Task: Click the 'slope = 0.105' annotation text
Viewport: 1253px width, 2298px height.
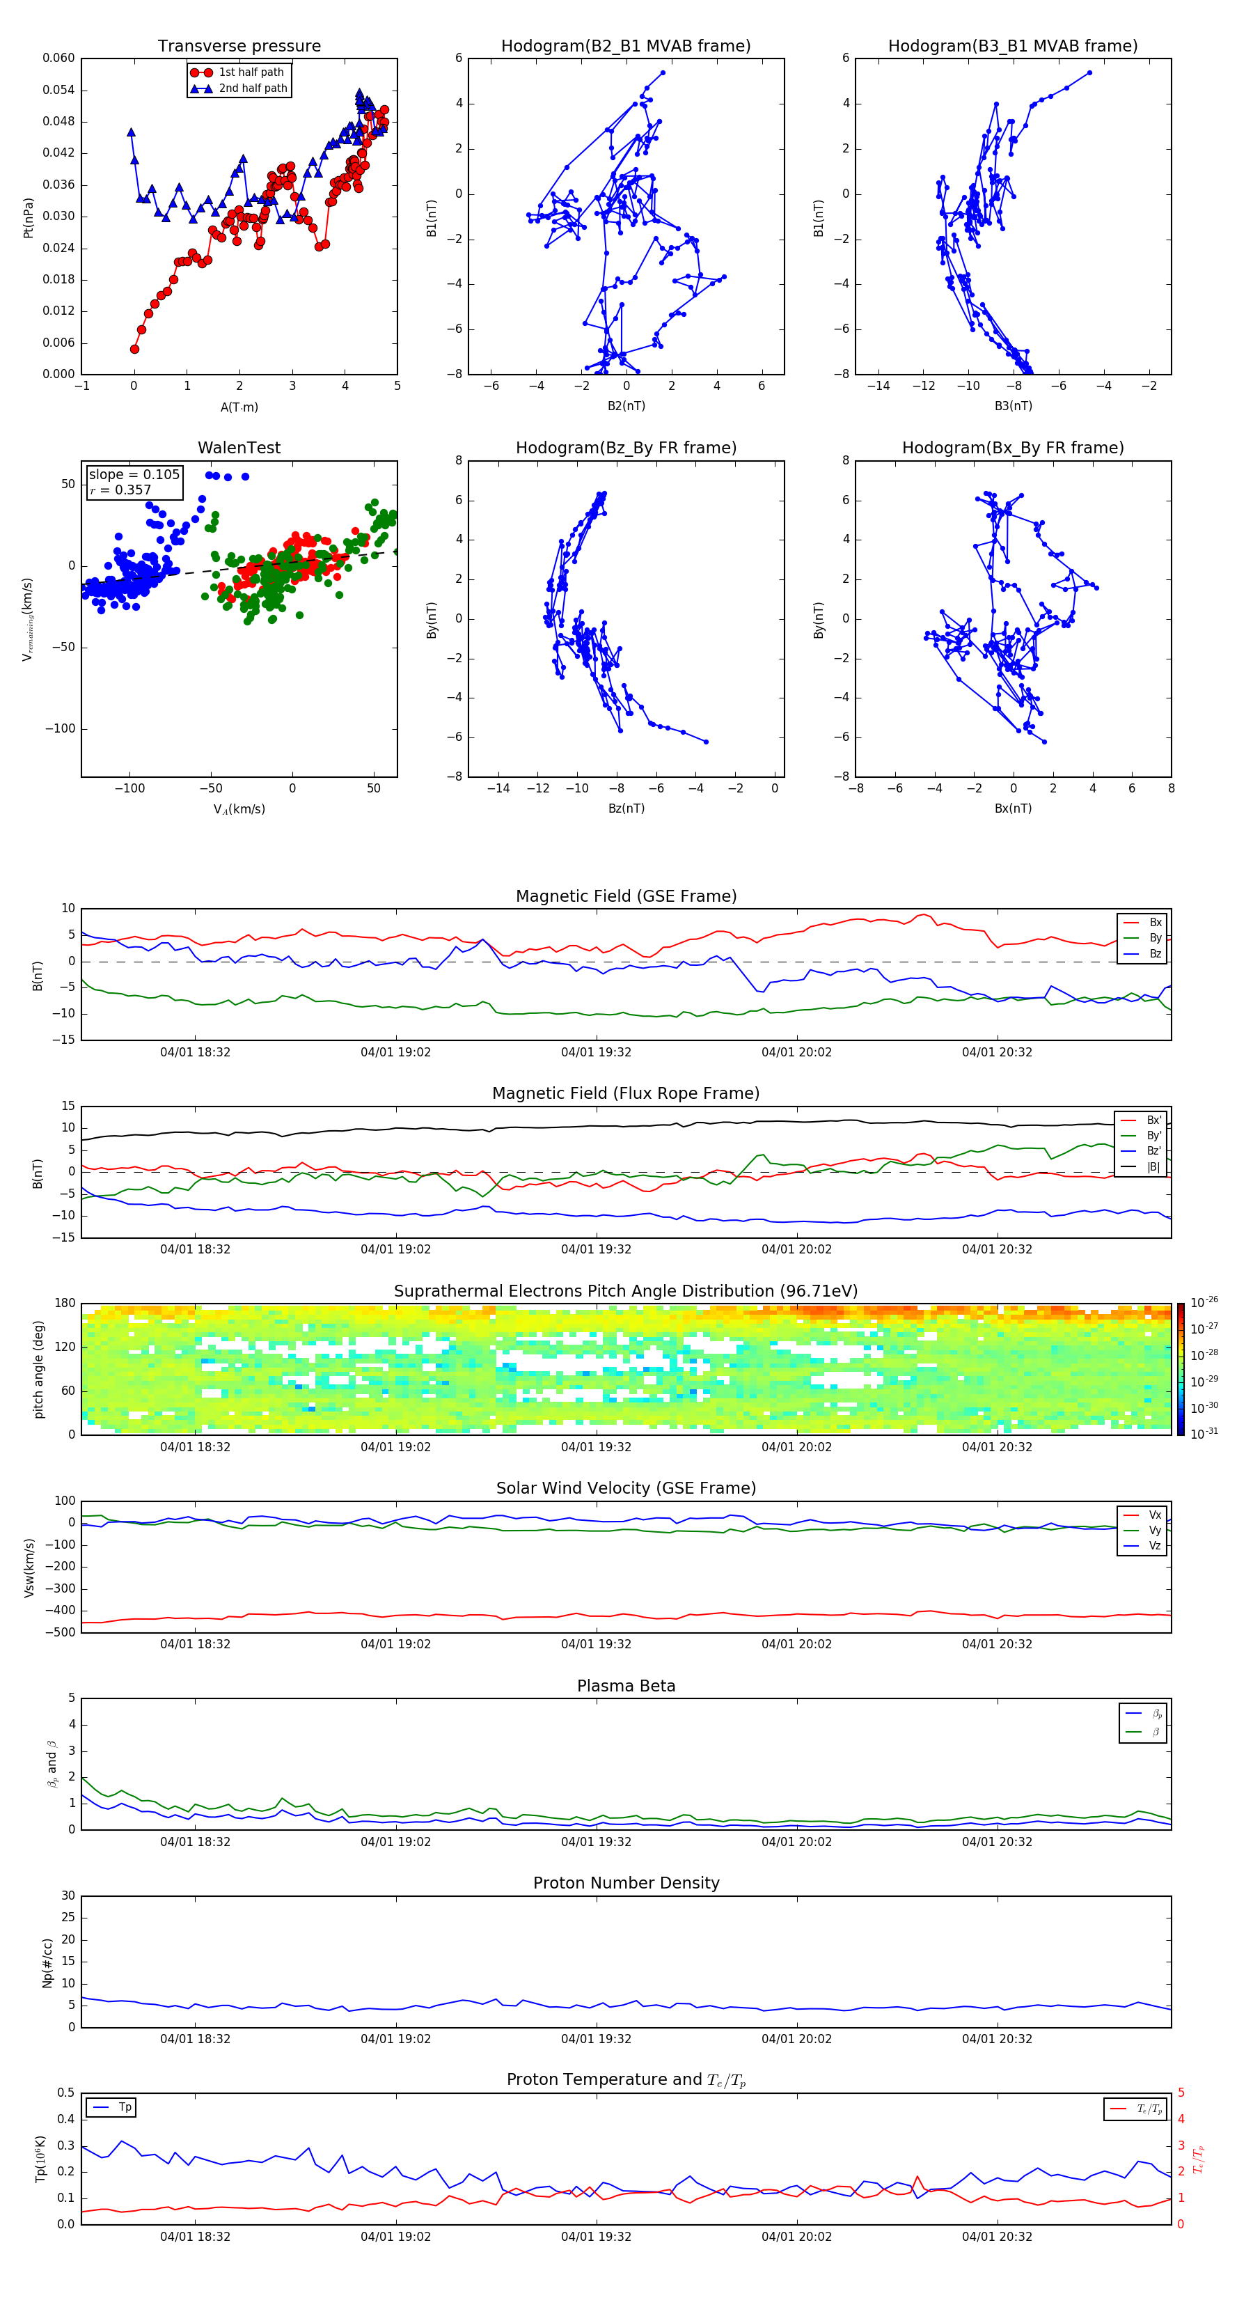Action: [134, 475]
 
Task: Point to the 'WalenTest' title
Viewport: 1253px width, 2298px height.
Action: [239, 448]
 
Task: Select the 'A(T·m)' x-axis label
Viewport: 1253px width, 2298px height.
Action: [239, 407]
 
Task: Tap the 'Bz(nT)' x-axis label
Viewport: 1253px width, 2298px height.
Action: [626, 808]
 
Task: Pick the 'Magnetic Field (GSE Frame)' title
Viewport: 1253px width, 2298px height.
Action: [626, 896]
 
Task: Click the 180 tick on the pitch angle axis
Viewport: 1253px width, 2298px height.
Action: [65, 1304]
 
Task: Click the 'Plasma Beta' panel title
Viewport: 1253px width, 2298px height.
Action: [626, 1686]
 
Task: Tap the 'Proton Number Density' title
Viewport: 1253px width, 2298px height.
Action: [626, 1883]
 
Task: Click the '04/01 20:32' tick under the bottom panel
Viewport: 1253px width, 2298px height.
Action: [996, 2237]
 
